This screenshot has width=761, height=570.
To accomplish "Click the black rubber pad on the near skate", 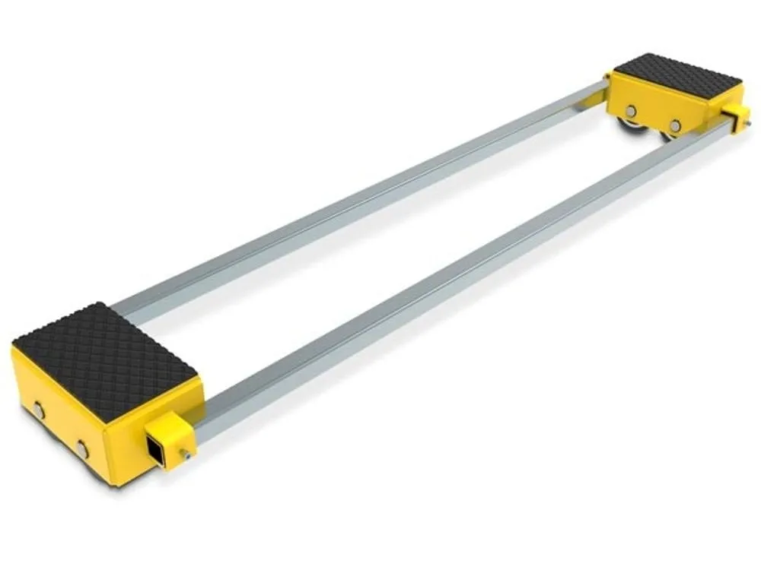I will (x=107, y=354).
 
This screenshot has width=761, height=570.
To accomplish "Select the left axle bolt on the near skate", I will (x=38, y=411).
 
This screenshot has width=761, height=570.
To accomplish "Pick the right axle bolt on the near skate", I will (x=81, y=448).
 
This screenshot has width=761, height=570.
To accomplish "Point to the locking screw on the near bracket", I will (x=184, y=455).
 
